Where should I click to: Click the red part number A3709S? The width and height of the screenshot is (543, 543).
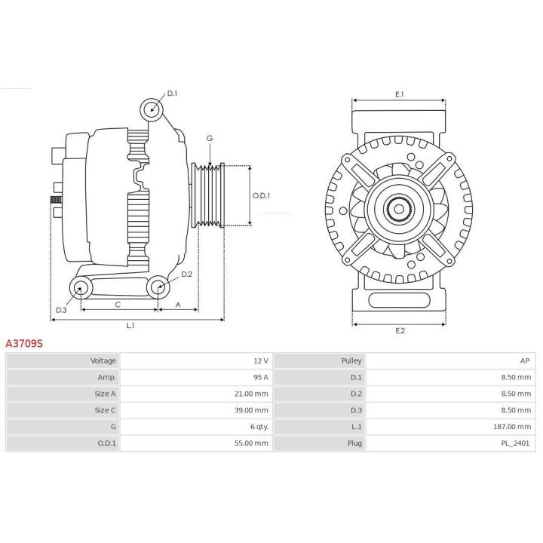click(x=24, y=343)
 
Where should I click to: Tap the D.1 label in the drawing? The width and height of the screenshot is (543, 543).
click(x=172, y=94)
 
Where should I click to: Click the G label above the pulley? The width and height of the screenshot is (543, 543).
click(x=210, y=138)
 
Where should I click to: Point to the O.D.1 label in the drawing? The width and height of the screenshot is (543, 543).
click(x=261, y=195)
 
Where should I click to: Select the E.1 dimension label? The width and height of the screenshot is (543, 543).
click(x=400, y=94)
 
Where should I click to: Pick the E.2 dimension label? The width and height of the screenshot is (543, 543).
click(x=400, y=331)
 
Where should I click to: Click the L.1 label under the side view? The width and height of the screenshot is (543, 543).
click(x=130, y=326)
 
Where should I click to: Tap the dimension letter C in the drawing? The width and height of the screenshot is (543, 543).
click(x=118, y=304)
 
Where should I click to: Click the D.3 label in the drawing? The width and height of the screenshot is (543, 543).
click(x=62, y=309)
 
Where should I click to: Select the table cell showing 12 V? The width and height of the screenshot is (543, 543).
click(x=260, y=360)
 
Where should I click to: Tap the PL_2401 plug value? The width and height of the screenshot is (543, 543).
click(x=517, y=443)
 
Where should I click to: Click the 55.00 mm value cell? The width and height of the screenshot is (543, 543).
click(x=251, y=443)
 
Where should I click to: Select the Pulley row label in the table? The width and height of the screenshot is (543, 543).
click(x=352, y=360)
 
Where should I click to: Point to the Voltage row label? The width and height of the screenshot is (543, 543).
click(x=103, y=360)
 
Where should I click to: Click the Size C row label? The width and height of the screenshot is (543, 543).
click(x=106, y=410)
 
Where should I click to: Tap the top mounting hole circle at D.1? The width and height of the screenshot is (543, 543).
click(x=152, y=109)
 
